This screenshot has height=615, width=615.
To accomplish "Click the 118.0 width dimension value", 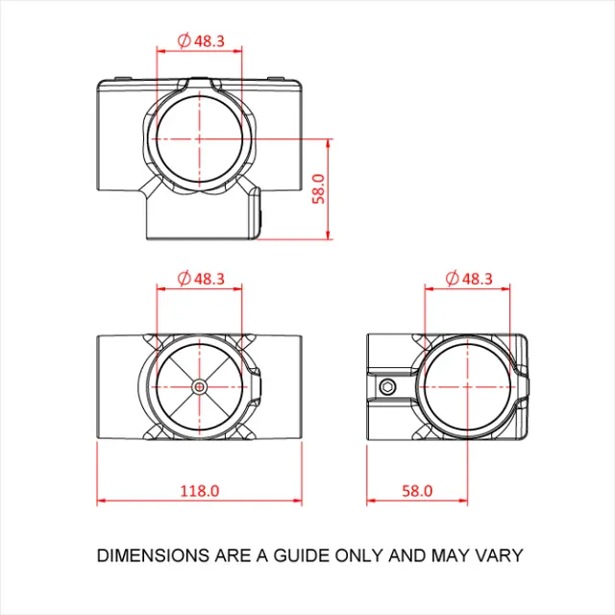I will (x=201, y=490).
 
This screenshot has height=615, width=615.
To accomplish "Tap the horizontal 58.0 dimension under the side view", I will (x=417, y=490).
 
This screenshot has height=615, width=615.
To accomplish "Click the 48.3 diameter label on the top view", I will (x=209, y=41).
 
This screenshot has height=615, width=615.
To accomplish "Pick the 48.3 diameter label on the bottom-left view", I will (x=209, y=279).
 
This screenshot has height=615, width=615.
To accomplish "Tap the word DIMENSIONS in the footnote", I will (x=152, y=555).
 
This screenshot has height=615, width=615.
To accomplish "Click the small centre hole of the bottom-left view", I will (x=199, y=386).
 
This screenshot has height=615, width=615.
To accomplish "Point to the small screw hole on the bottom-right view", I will (x=386, y=386).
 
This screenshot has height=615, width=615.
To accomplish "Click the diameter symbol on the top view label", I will (x=184, y=41).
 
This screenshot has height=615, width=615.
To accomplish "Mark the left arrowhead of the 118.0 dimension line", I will (x=101, y=501).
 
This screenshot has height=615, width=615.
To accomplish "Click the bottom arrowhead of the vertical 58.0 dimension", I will (x=330, y=235).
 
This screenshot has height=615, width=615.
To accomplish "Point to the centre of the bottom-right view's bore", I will (x=468, y=386).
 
